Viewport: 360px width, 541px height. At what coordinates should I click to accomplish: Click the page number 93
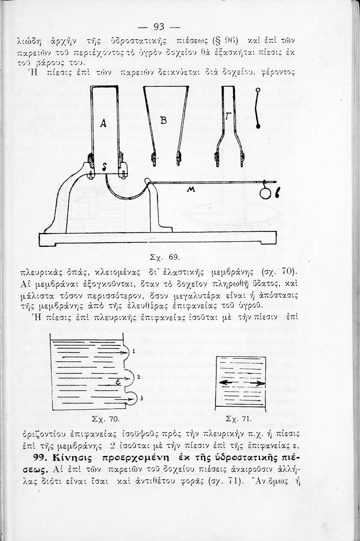point(159,27)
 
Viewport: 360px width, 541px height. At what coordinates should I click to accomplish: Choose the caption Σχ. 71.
point(237,419)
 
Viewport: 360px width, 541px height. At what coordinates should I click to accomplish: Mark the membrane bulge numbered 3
point(132,398)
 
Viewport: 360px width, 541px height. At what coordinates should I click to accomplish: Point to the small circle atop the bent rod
point(258,90)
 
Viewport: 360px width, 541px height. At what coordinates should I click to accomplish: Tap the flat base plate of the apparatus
point(158,239)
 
